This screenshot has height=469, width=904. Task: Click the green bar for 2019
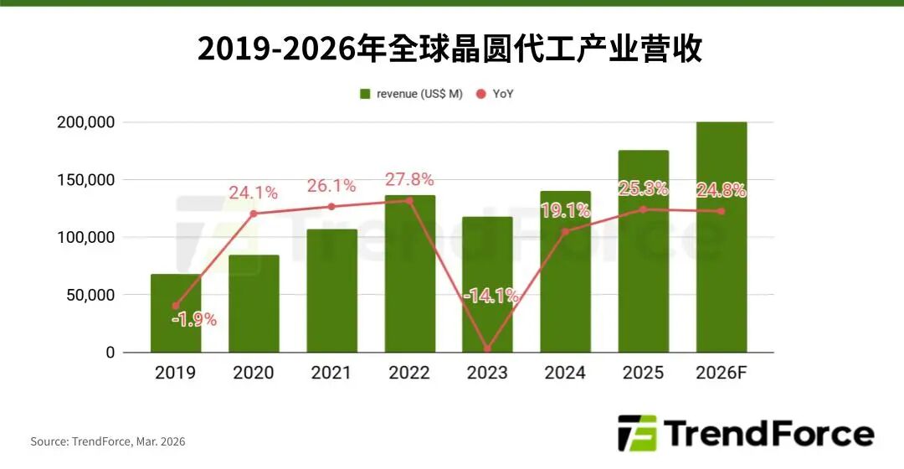pyautogui.click(x=176, y=314)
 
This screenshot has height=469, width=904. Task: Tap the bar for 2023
pyautogui.click(x=488, y=285)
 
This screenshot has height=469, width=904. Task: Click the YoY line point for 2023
pyautogui.click(x=488, y=348)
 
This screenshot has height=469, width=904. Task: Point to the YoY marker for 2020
pyautogui.click(x=254, y=214)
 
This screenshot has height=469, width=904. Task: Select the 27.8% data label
pyautogui.click(x=410, y=179)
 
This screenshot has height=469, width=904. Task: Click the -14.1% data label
pyautogui.click(x=491, y=296)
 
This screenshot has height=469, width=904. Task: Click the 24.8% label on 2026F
pyautogui.click(x=722, y=190)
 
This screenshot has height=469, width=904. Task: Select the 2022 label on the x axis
pyautogui.click(x=410, y=373)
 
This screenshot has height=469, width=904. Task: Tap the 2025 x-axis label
pyautogui.click(x=644, y=373)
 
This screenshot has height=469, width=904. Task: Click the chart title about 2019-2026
pyautogui.click(x=450, y=49)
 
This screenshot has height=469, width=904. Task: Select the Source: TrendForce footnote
pyautogui.click(x=108, y=441)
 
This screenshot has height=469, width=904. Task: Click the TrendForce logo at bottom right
pyautogui.click(x=745, y=434)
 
